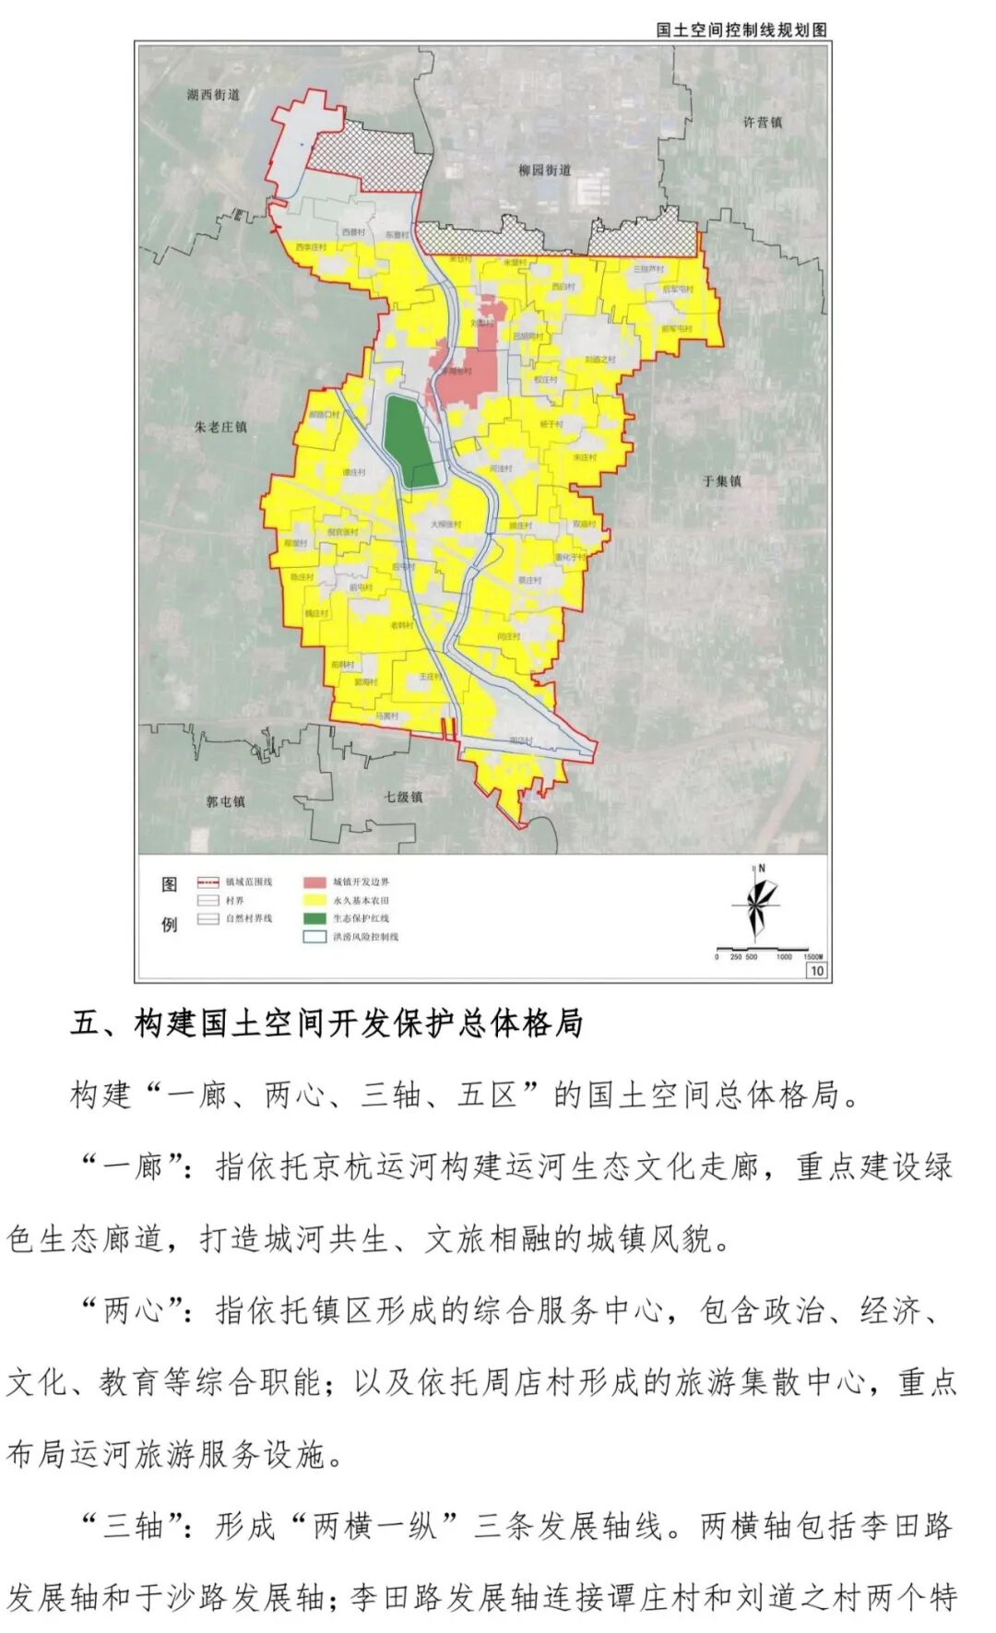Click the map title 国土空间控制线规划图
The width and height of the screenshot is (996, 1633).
(741, 30)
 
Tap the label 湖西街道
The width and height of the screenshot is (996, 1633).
(213, 94)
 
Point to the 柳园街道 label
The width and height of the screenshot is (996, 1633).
(544, 170)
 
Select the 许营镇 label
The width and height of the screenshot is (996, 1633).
(763, 122)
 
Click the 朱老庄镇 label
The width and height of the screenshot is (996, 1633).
(221, 427)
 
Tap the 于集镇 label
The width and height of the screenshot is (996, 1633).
(722, 480)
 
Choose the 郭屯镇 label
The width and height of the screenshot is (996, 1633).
(226, 801)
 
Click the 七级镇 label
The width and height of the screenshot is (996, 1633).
(404, 797)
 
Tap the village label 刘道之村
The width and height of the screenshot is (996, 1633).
(599, 360)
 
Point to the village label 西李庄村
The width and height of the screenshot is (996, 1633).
(310, 248)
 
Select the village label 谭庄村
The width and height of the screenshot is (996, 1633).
(354, 472)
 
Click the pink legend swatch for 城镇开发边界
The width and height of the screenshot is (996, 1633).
(316, 882)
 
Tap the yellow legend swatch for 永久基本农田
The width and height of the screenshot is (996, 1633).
(316, 900)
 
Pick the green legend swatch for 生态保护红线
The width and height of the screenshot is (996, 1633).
(316, 918)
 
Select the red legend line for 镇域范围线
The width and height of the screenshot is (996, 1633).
(208, 882)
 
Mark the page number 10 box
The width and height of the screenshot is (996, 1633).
(816, 970)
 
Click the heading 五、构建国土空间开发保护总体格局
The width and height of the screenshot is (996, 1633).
(326, 1024)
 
